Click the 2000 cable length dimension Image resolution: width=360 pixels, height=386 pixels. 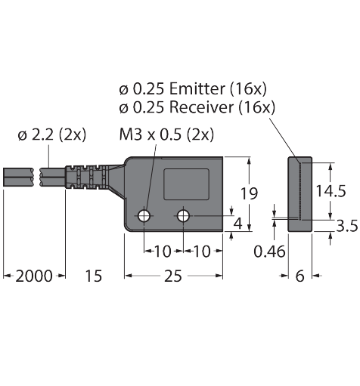pos(34,276)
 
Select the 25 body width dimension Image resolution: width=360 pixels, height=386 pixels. pos(173,276)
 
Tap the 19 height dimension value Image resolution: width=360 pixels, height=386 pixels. pos(249,193)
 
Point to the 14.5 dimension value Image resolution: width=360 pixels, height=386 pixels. pos(331,191)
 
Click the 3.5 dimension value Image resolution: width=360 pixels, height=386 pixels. pos(347,226)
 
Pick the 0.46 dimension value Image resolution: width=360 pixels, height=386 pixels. pos(269,252)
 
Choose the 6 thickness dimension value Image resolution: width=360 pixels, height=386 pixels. pos(300,276)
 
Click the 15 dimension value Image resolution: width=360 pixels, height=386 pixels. pos(94,276)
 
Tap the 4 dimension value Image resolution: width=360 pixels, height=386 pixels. pos(238,224)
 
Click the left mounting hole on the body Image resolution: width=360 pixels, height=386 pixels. pos(144,216)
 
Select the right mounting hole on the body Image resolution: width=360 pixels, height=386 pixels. pos(183,216)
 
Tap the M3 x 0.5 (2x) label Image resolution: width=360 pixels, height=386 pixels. pos(166,134)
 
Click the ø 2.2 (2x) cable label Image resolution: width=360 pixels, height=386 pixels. pos(52,135)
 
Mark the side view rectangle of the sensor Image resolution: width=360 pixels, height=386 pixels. pos(300,194)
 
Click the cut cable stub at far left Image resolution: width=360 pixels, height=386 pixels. pos(18,177)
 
